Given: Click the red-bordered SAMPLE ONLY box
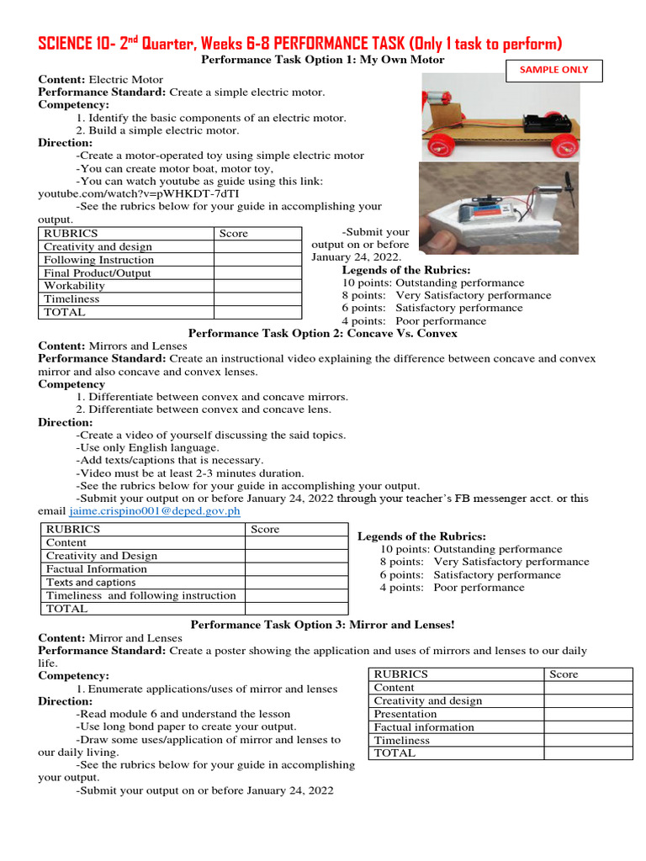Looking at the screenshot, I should point(553,70).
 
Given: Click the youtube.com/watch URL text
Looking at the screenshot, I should point(109,193).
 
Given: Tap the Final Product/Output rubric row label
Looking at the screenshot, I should point(97,273).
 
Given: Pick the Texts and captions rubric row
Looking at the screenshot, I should point(91,582).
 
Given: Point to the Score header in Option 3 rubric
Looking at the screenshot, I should point(564,674).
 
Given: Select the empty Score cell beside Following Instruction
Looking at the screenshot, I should point(257,260).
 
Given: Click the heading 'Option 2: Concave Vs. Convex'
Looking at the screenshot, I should point(323,333).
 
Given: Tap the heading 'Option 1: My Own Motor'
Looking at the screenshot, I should point(323,61).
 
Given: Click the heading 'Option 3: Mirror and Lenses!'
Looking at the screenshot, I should point(323,625).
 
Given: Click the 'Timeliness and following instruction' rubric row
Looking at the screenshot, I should point(140,595).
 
